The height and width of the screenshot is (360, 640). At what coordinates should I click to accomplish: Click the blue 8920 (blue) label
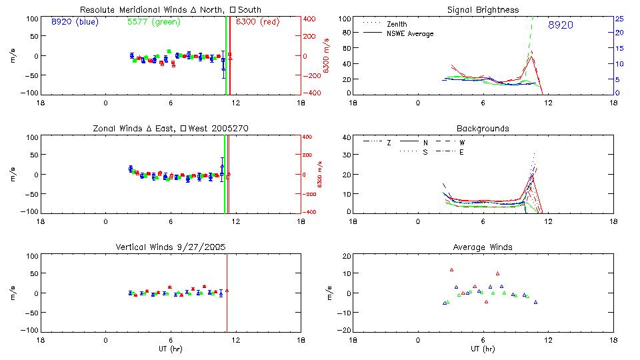pos(74,22)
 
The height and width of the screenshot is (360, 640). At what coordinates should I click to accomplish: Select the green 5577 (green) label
pos(153,22)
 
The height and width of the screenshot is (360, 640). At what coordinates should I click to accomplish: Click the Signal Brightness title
pos(483,10)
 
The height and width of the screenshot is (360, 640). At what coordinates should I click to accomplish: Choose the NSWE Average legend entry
pos(409,33)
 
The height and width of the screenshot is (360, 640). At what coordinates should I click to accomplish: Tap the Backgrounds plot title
pos(483,128)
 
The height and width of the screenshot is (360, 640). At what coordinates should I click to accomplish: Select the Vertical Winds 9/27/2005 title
pos(170,247)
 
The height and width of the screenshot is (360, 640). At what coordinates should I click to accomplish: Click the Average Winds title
pos(483,247)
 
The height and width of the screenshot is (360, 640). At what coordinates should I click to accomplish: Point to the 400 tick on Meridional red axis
pos(310,19)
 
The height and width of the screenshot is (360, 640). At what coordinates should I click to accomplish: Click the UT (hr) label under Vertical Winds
pos(170,348)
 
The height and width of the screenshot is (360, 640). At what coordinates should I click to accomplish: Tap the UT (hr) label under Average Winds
pos(483,348)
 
